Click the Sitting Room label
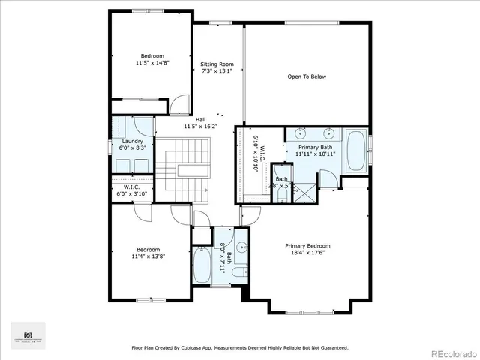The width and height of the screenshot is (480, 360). coord(217,64)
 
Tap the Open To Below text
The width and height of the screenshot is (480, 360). coord(307,76)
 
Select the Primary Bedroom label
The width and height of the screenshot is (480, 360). coord(307,245)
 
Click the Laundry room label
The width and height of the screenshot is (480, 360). coord(132,142)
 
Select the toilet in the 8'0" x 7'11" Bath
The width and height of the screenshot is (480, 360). coord(238,272)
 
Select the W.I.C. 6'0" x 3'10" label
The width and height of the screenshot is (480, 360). coord(132,190)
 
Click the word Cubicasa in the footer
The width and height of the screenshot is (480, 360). coord(210,347)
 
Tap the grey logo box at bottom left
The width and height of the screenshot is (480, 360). coord(28,334)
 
